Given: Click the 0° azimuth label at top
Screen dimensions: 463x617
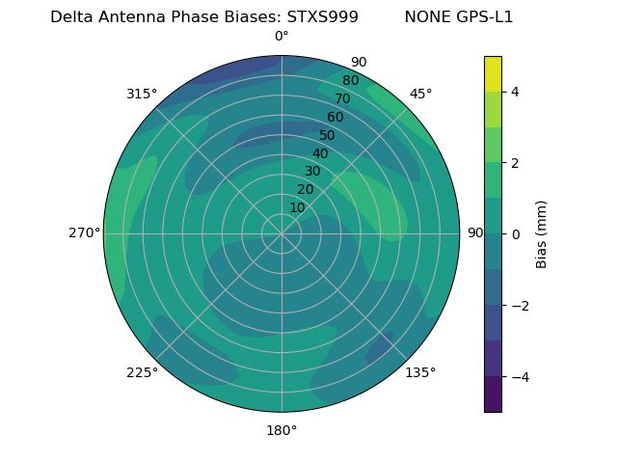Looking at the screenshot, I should tap(282, 37).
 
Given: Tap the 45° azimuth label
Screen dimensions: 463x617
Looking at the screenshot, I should tap(420, 94).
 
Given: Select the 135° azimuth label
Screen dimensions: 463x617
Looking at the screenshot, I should tap(420, 372).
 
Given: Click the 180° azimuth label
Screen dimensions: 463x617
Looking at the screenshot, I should tap(282, 430).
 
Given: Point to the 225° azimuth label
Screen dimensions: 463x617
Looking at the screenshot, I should tap(142, 372).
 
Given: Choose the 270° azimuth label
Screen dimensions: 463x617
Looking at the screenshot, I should tap(84, 232).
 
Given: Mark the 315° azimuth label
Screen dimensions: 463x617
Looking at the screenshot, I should tap(142, 94).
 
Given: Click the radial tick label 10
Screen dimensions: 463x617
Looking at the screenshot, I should tap(297, 207).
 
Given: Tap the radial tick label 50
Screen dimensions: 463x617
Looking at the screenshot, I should tap(328, 135).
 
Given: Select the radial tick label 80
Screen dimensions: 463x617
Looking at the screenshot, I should tap(351, 81).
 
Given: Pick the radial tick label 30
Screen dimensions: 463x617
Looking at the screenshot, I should tap(312, 172).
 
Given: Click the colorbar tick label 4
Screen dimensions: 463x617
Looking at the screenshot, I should tap(515, 92).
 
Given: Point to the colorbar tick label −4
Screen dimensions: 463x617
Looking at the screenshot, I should tap(519, 376).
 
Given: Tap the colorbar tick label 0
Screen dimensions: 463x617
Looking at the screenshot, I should tap(515, 233).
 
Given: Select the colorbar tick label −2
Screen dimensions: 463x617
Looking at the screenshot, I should tap(519, 305).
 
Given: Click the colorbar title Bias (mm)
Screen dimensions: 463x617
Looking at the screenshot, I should tap(542, 233).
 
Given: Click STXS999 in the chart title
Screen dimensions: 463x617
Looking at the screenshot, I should tap(323, 17).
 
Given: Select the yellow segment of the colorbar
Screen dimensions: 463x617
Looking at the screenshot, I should tap(493, 73).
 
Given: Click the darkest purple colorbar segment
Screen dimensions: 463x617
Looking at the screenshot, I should tap(493, 394).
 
